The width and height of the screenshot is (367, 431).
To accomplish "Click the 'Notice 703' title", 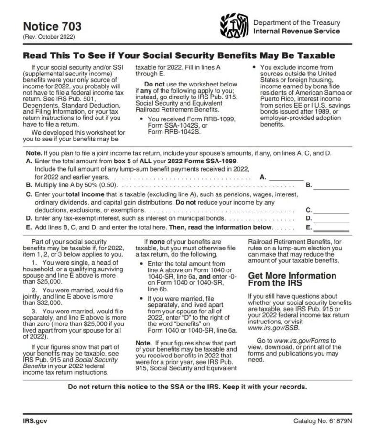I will (x=52, y=26).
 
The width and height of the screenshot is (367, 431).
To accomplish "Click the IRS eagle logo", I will (x=234, y=27).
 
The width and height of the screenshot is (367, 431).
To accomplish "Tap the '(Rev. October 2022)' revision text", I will (x=49, y=37).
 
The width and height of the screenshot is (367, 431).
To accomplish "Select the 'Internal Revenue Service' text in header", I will (x=296, y=32).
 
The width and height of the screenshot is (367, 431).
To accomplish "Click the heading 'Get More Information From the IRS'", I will (x=292, y=280).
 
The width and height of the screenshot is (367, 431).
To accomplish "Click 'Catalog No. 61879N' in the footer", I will (x=323, y=421).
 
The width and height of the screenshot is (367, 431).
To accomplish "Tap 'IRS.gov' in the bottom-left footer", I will (x=35, y=421).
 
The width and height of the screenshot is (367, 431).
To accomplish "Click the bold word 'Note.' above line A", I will (x=33, y=153).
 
